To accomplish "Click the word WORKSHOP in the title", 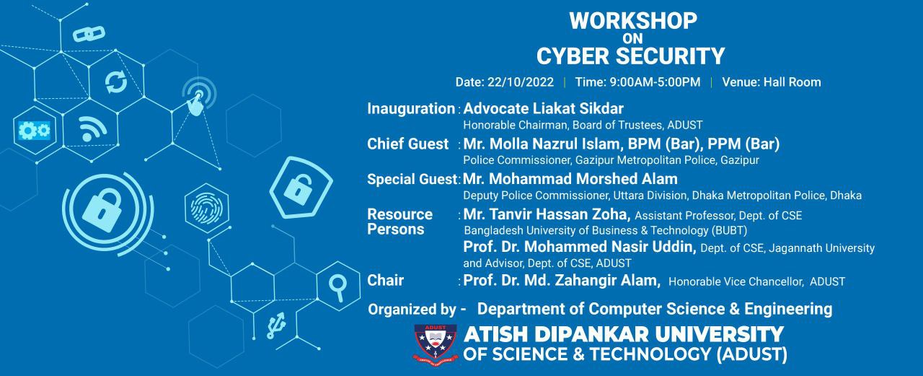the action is point(633,21).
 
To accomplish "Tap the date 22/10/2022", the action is point(521,82).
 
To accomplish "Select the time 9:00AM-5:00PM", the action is point(655,82).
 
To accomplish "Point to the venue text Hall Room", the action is point(792,82).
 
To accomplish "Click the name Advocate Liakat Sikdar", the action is point(543,108).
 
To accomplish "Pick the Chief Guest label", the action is point(407,144).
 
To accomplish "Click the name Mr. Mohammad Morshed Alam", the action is point(570,179).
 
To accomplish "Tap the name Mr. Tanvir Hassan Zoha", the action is point(547,214).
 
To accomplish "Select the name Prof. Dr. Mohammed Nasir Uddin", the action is point(579,247).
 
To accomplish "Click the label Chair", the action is point(385,280).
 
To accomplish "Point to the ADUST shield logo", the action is point(435,343).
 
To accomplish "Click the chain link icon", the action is point(89,34).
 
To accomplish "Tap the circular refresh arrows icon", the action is point(116,82).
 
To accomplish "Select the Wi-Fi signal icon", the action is point(92,128).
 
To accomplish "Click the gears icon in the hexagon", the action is point(35,131).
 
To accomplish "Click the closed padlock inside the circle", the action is point(102,211).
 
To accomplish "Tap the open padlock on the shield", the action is point(298,189).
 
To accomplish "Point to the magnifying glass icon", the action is point(338,287).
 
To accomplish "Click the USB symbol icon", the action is point(275,325).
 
